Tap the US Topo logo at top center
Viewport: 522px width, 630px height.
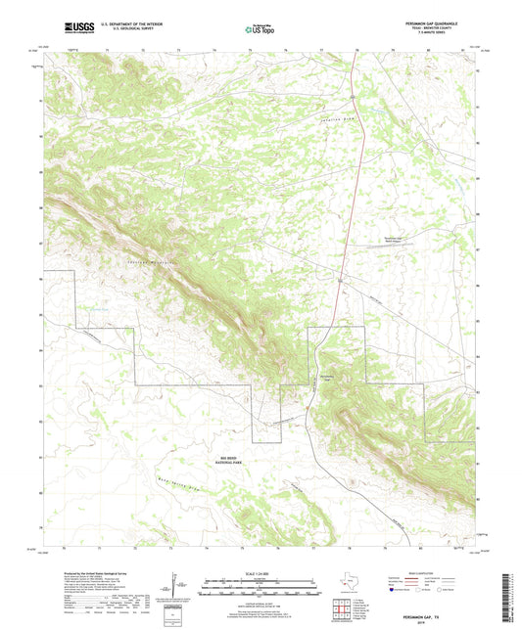point(260,29)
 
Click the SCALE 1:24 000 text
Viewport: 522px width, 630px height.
point(261,573)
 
